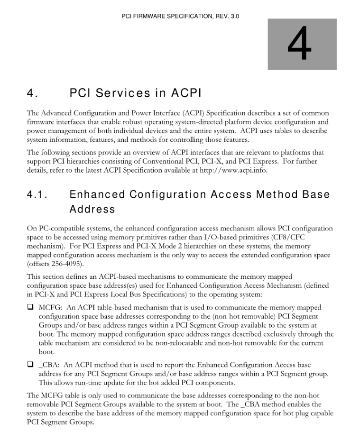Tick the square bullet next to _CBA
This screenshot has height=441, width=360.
click(x=30, y=365)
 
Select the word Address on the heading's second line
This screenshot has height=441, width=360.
click(x=92, y=209)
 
